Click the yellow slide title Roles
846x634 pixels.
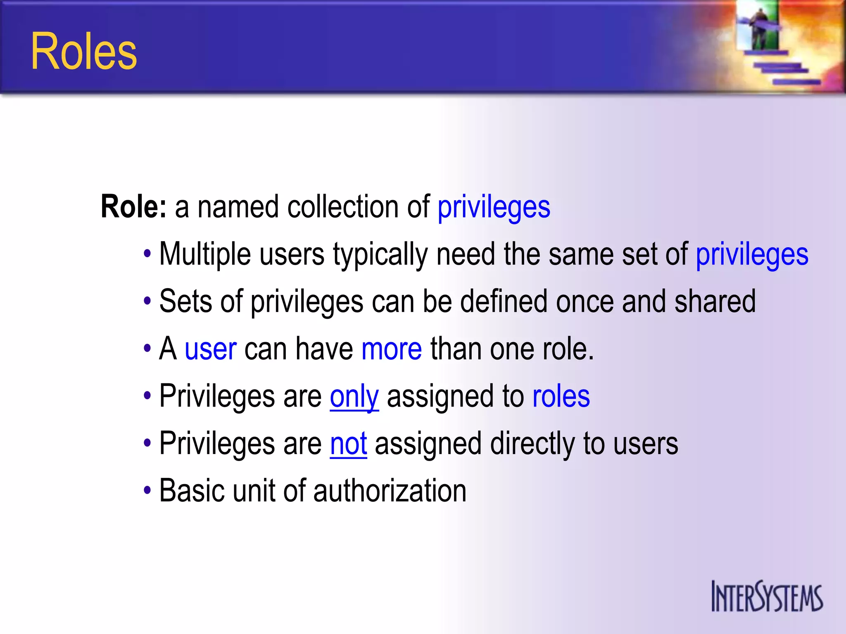pyautogui.click(x=83, y=52)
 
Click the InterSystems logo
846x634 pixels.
pyautogui.click(x=767, y=596)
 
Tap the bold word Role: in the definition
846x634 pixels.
pyautogui.click(x=133, y=206)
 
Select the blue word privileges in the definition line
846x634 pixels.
pyautogui.click(x=494, y=207)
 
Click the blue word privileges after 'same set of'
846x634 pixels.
pyautogui.click(x=752, y=254)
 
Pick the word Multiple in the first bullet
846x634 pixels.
pyautogui.click(x=205, y=254)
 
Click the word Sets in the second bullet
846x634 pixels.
pyautogui.click(x=185, y=301)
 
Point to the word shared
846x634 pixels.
pyautogui.click(x=715, y=301)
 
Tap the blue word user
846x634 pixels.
pyautogui.click(x=210, y=349)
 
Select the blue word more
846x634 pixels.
pyautogui.click(x=392, y=349)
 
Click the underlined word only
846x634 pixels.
pyautogui.click(x=354, y=397)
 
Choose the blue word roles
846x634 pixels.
pyautogui.click(x=561, y=397)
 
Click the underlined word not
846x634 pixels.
pyautogui.click(x=349, y=444)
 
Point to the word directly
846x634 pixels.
pyautogui.click(x=532, y=444)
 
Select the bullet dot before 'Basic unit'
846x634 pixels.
pyautogui.click(x=147, y=491)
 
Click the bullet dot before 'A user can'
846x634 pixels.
pyautogui.click(x=147, y=349)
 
